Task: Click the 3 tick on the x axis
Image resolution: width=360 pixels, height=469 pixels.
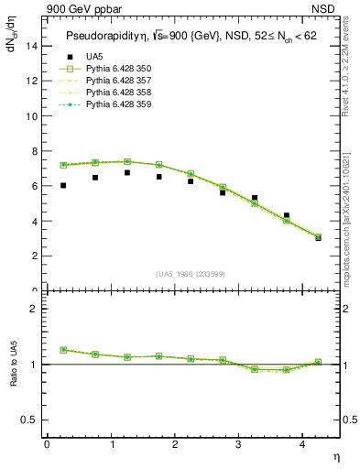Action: (x=239, y=444)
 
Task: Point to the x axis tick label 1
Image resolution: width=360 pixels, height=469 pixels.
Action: (x=112, y=444)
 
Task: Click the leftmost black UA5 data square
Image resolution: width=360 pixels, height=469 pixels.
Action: (x=63, y=185)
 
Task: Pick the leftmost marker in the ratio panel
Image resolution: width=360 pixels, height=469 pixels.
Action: (x=63, y=350)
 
